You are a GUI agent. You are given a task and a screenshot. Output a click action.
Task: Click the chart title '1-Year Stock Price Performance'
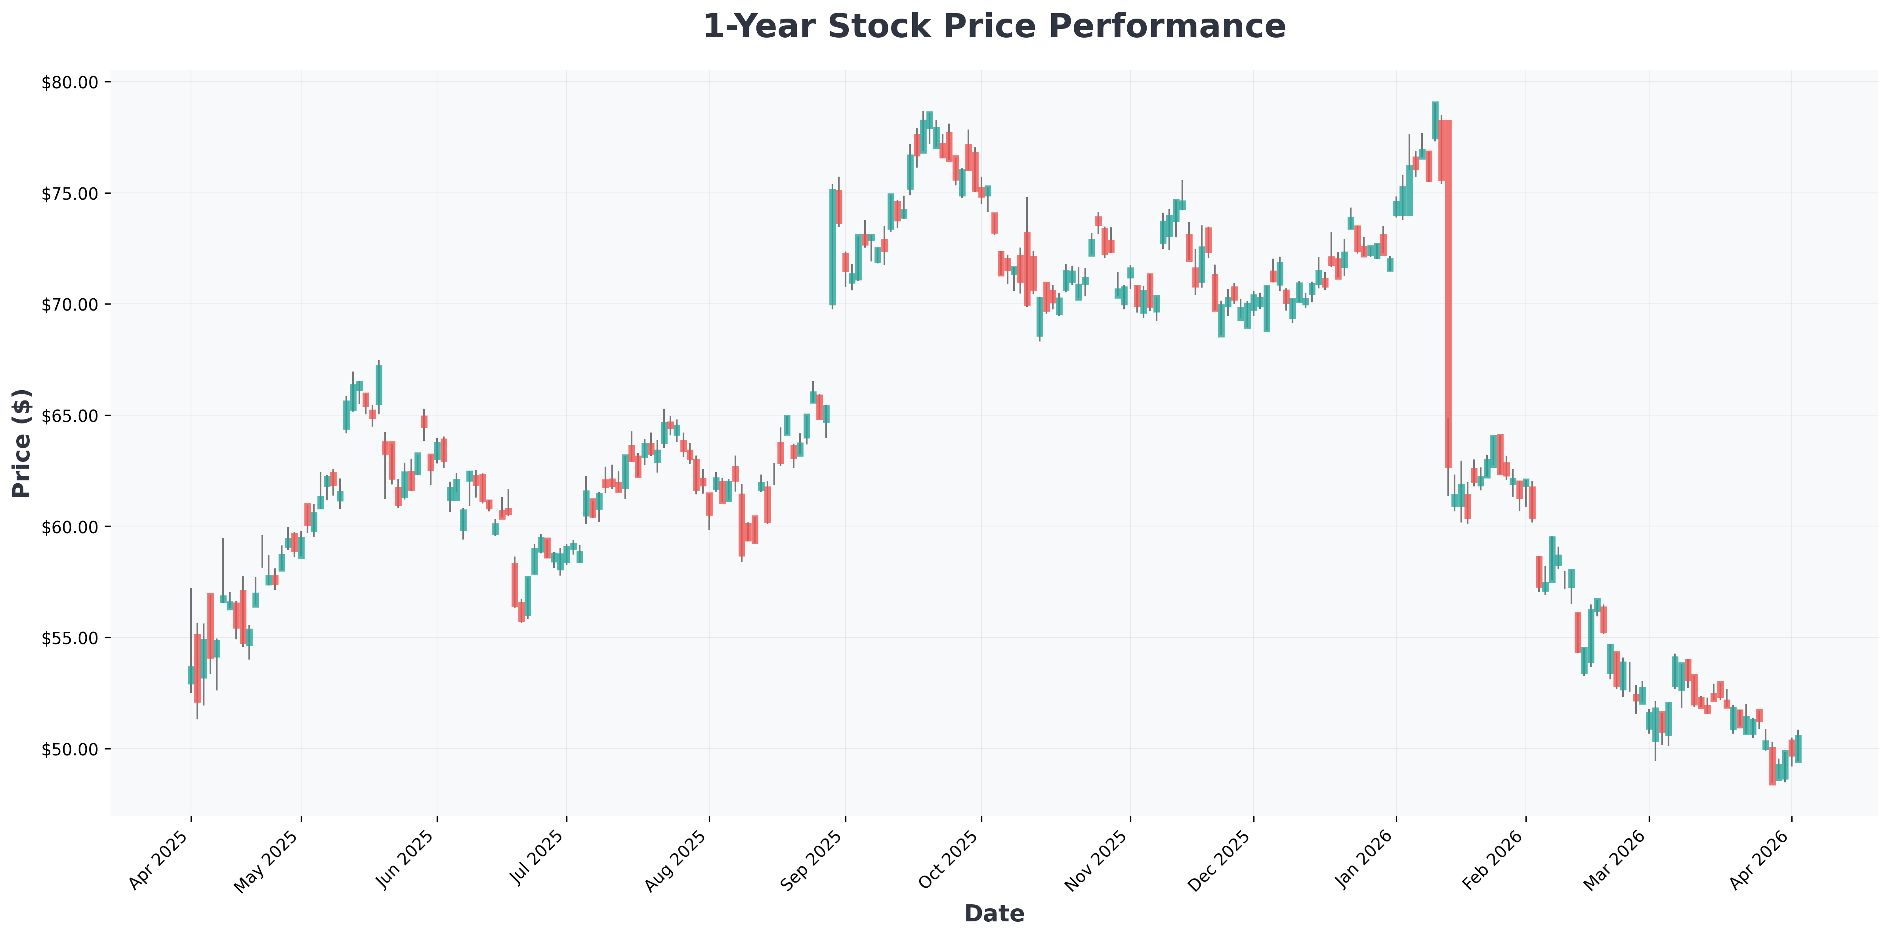coord(994,27)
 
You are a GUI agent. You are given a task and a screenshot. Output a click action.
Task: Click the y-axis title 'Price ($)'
coord(22,443)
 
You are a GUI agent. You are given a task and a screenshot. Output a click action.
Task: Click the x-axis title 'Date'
coord(994,913)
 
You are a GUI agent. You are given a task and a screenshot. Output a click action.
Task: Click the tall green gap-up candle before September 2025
coord(833,247)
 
